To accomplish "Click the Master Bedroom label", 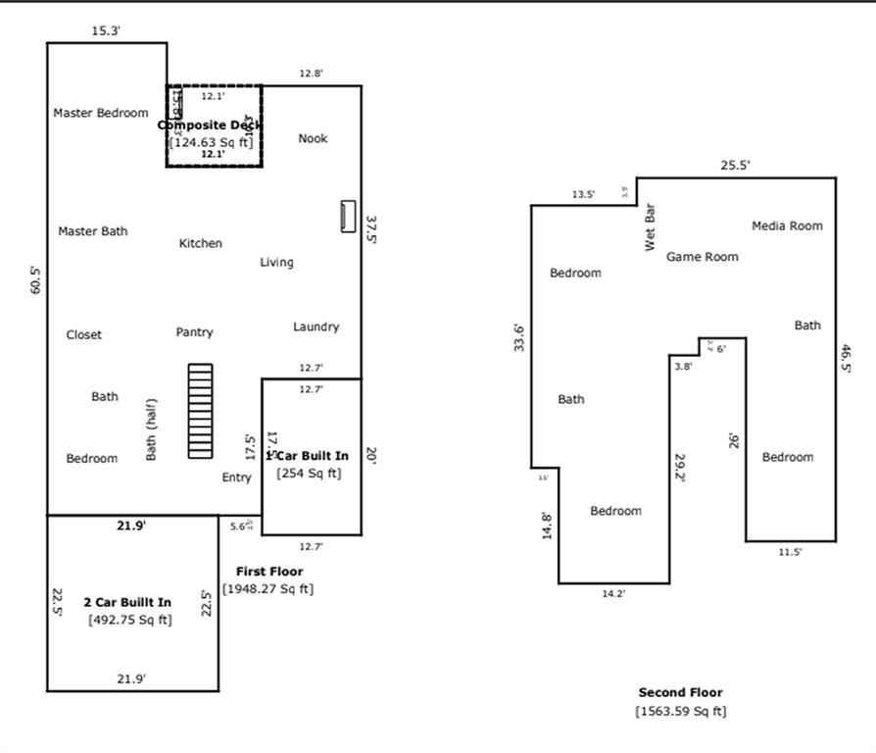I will point(101,113).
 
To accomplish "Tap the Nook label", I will point(313,138).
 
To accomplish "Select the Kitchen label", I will point(200,243).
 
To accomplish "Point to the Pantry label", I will point(194,332).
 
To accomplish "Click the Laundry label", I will point(316,326).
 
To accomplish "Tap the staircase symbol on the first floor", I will point(200,411).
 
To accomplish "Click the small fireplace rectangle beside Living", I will point(348,216).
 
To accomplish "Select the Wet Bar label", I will point(650,227).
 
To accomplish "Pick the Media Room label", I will point(787,226).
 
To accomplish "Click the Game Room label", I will point(702,257).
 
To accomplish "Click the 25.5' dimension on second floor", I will point(735,166).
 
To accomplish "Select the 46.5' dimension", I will point(846,358).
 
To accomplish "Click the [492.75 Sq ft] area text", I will point(127,620).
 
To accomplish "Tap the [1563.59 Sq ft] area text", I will point(681,712).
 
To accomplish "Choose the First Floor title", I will point(269,572).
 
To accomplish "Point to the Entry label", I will point(236,477).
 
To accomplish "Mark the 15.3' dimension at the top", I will point(106,31).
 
